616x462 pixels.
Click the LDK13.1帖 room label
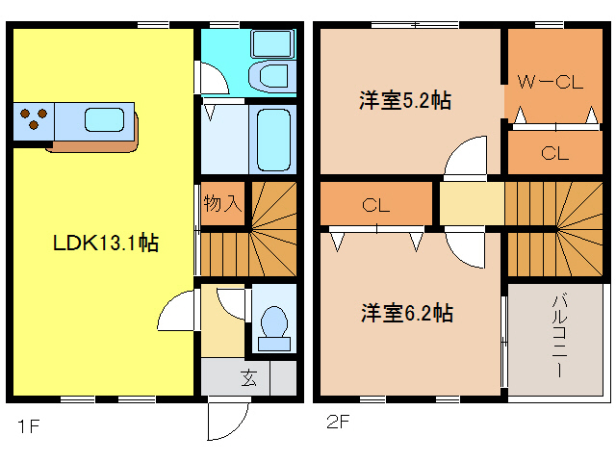point(105,244)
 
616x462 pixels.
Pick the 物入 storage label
point(221,203)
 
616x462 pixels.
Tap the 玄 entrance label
point(248,377)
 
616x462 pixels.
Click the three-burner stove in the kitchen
point(34,120)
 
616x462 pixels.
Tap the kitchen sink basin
point(102,120)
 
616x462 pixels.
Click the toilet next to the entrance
point(273,323)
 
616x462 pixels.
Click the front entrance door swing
point(229,422)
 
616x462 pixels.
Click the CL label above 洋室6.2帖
point(375,204)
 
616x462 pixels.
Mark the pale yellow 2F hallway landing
point(472,203)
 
